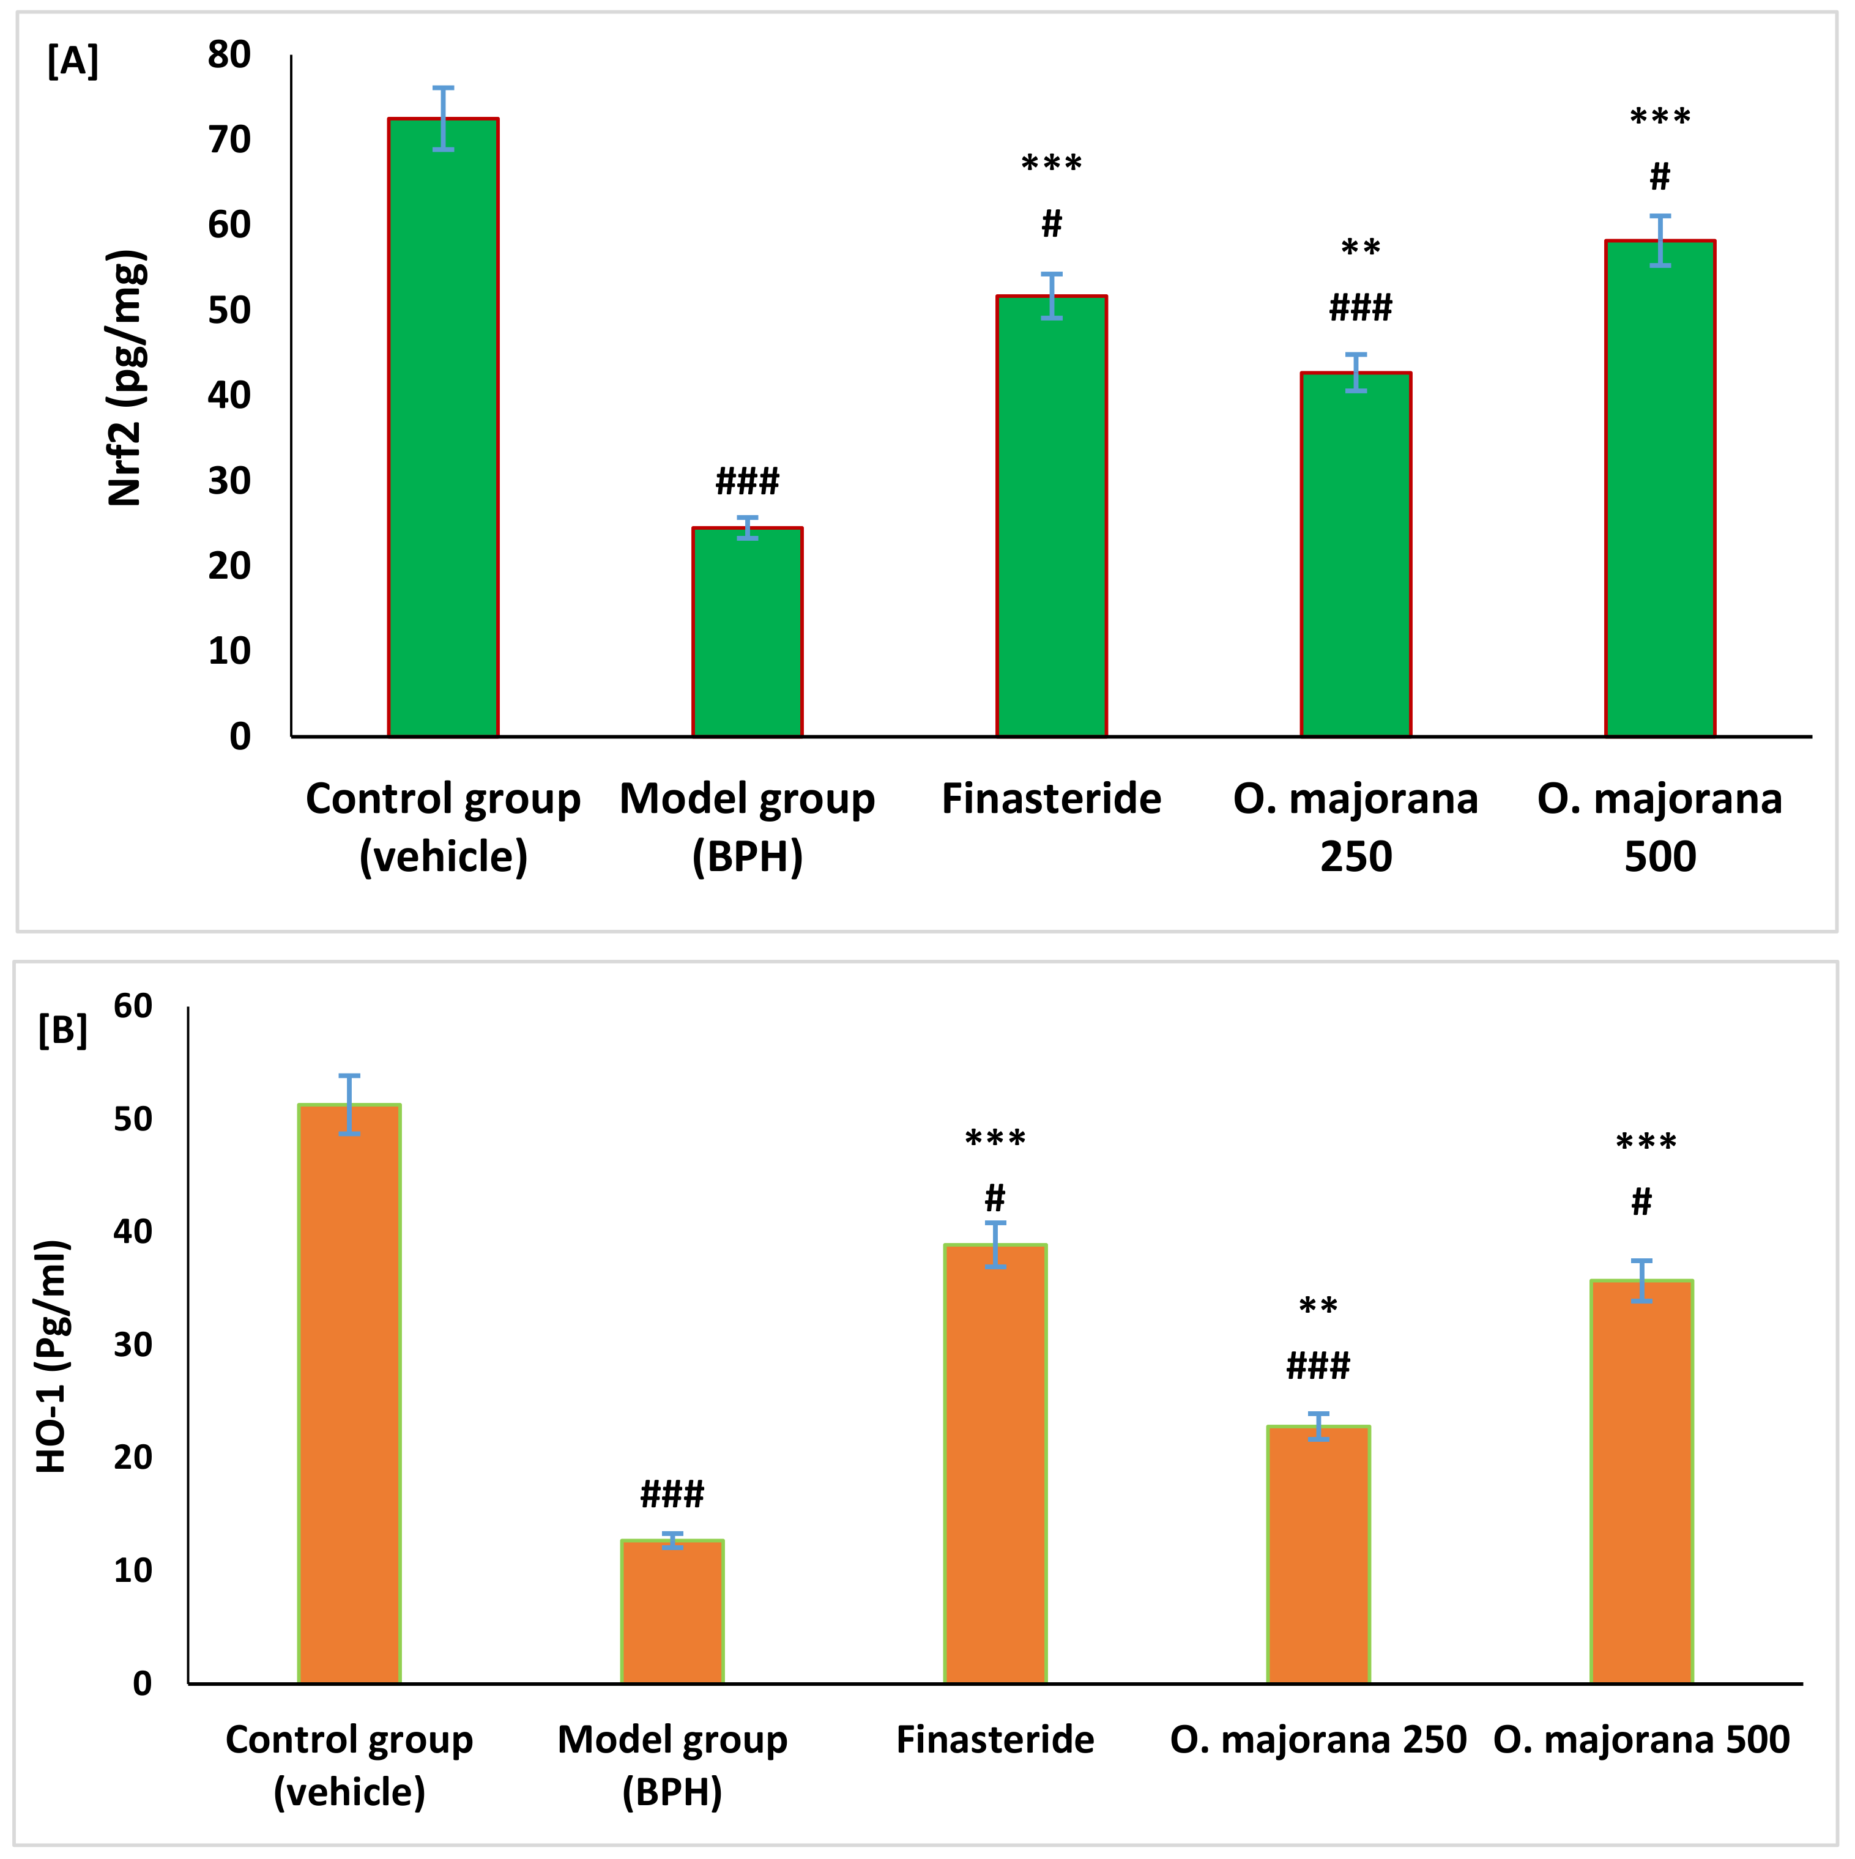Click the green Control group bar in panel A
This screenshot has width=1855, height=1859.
(442, 428)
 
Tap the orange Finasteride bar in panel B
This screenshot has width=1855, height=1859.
(995, 1464)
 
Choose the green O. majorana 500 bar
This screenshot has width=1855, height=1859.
(1660, 489)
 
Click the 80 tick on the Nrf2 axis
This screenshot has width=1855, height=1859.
(229, 55)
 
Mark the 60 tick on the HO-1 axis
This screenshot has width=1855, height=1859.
(133, 1006)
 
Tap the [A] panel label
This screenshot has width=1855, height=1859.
(72, 62)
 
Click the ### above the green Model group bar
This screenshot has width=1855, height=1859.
(746, 480)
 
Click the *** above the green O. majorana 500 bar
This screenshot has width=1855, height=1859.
(1660, 118)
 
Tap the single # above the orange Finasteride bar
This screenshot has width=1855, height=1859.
(995, 1198)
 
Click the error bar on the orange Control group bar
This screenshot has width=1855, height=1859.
(349, 1105)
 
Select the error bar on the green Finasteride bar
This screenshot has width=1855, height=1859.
(1052, 295)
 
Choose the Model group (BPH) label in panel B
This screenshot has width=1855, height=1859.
(672, 1765)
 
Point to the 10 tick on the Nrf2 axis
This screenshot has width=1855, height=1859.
(229, 651)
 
